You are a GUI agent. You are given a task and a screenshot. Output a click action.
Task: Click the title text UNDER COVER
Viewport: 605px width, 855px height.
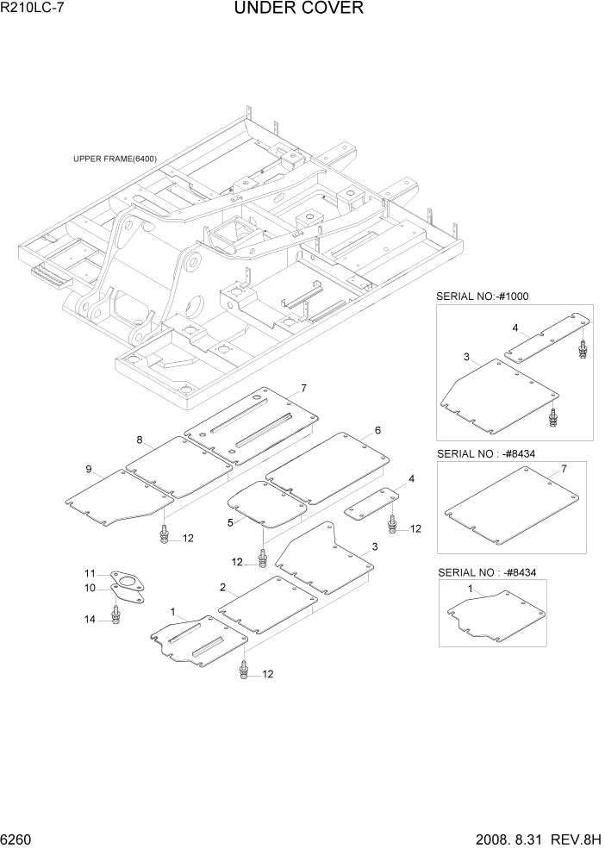(298, 9)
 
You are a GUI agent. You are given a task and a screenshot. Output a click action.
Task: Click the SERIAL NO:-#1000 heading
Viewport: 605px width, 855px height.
(483, 296)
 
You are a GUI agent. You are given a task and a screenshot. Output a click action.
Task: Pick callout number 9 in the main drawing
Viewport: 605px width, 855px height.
(88, 469)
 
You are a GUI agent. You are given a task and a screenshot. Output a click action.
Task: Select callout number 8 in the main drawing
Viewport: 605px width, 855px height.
(139, 440)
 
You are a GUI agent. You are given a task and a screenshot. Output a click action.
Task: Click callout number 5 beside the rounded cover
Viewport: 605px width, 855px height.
(230, 522)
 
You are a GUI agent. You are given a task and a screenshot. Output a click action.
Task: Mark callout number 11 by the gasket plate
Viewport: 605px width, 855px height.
(89, 574)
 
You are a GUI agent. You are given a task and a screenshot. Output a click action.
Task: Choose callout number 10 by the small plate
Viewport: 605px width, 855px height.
(89, 588)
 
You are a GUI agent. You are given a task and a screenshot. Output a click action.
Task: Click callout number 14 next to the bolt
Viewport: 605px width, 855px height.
(89, 619)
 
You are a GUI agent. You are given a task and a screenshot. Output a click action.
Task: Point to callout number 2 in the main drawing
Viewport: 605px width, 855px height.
(222, 588)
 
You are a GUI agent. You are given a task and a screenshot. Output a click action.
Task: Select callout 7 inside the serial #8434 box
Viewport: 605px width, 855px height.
(564, 469)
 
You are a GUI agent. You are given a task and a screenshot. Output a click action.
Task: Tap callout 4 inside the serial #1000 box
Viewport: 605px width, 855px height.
(515, 328)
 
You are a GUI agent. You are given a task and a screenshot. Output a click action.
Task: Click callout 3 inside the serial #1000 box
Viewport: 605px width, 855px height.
(466, 357)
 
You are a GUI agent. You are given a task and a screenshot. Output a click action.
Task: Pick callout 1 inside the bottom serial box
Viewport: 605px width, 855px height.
(470, 589)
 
